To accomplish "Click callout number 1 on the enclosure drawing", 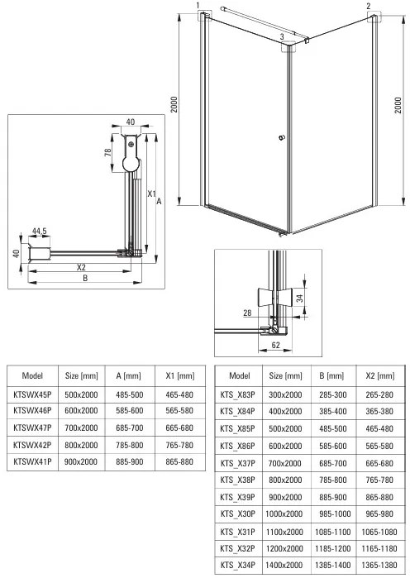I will tap(198, 6).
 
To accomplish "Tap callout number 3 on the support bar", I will tap(282, 37).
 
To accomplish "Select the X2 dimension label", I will tap(80, 268).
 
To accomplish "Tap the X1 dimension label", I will tap(150, 193).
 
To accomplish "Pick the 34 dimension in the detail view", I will tap(302, 298).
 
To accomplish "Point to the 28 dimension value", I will tap(247, 313).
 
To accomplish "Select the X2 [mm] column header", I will tap(378, 375).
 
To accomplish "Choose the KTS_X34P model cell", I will tap(239, 565).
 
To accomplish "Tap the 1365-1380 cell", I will tap(378, 565).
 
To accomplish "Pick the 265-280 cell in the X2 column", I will tap(378, 394).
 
